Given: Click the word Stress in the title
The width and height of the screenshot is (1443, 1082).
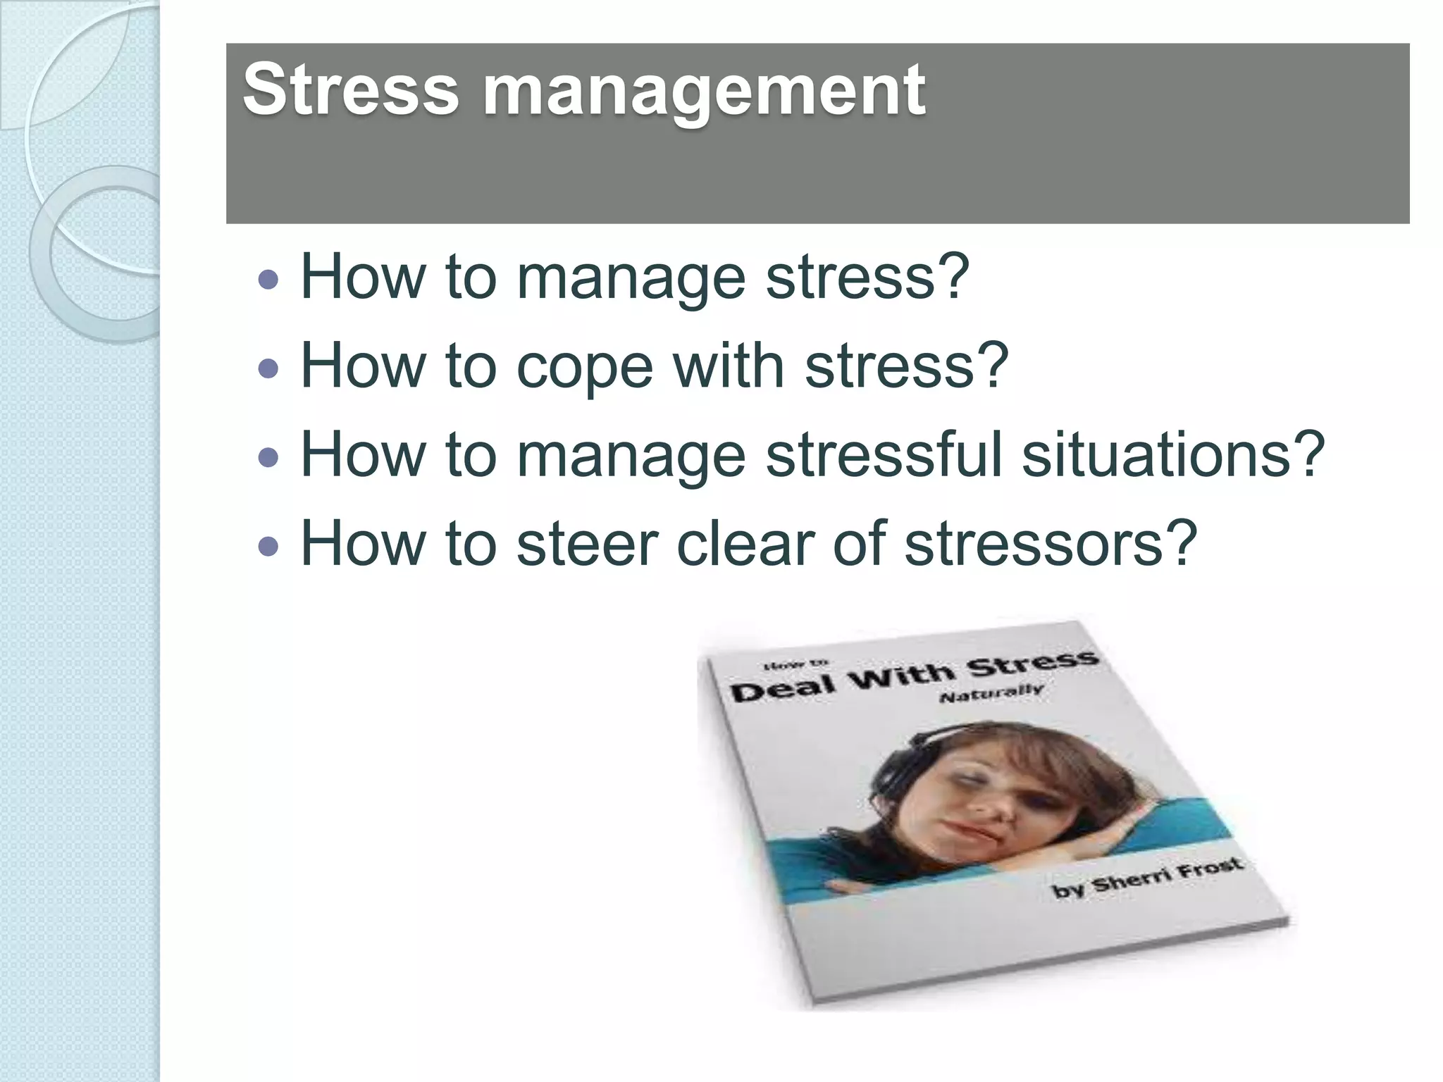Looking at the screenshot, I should [x=350, y=90].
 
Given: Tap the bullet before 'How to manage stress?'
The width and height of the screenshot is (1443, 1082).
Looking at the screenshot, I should [x=268, y=280].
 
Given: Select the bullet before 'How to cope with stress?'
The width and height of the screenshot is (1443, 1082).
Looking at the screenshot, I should [x=268, y=368].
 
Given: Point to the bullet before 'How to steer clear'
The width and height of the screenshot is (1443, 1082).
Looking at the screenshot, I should [x=268, y=546].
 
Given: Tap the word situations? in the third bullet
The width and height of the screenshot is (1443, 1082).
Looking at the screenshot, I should [x=1173, y=454].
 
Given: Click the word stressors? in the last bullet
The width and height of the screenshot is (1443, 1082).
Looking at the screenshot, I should [x=1051, y=544].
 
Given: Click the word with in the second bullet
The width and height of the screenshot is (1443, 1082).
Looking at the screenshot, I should [x=729, y=366].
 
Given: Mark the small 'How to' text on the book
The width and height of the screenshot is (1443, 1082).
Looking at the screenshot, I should [x=795, y=664].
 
